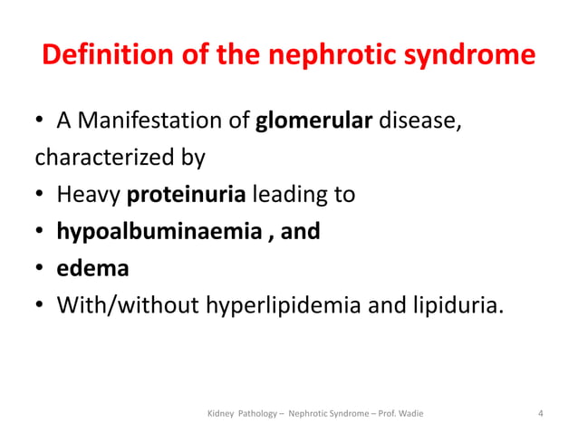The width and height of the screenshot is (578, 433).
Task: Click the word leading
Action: click(x=288, y=195)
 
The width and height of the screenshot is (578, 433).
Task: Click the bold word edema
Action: click(x=92, y=268)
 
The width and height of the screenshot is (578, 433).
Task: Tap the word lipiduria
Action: click(x=454, y=304)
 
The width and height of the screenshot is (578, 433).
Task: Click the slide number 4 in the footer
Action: click(x=541, y=415)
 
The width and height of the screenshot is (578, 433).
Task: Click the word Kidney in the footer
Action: click(x=221, y=415)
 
